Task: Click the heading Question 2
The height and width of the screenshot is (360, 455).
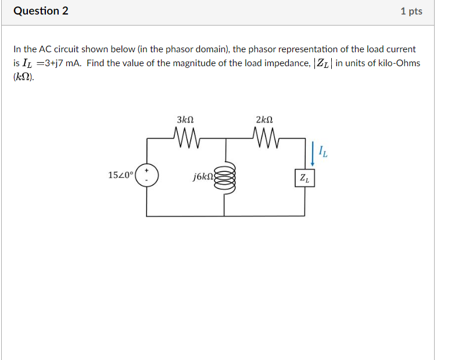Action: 41,11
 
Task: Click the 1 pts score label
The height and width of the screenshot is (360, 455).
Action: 411,12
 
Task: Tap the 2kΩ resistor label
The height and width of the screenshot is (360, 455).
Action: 264,120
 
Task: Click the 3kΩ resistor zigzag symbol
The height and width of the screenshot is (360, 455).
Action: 186,139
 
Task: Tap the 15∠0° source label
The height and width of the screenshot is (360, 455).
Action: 121,174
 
